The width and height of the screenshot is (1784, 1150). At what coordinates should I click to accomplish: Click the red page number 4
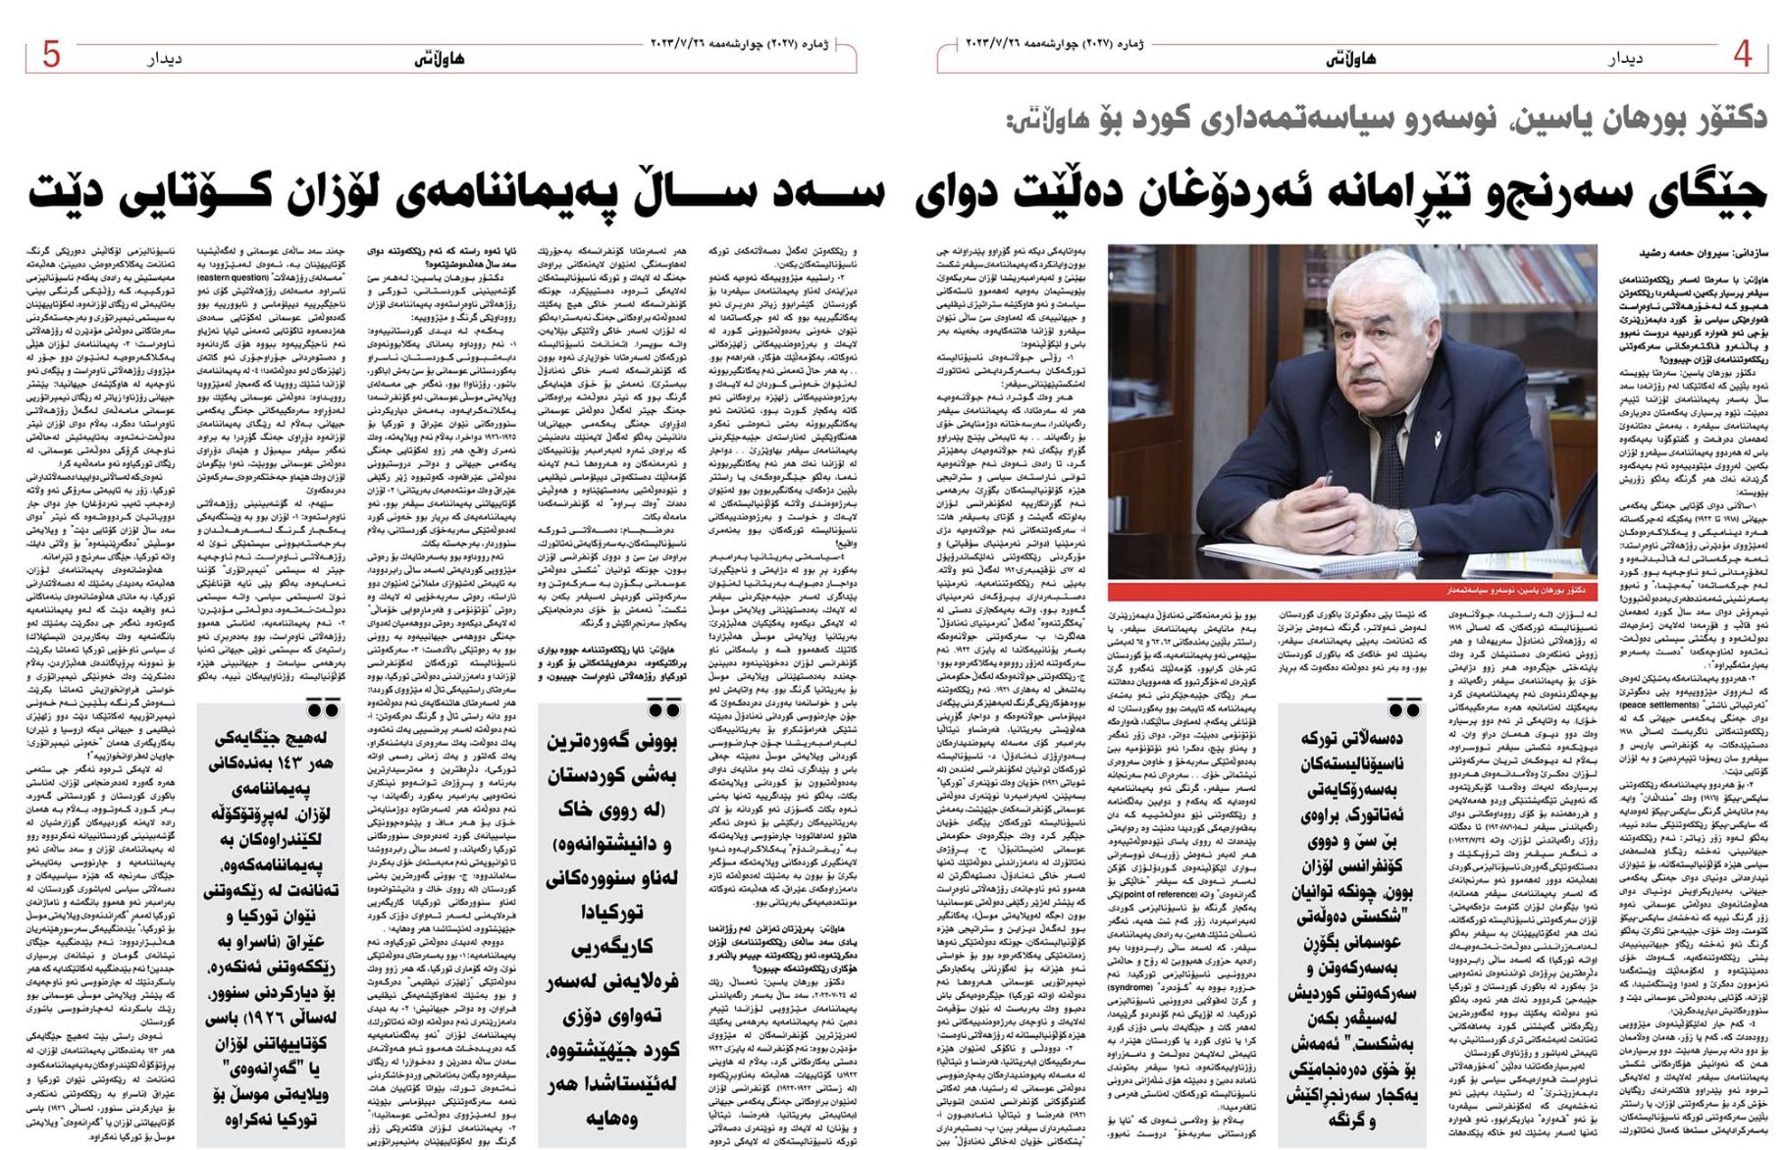(1742, 54)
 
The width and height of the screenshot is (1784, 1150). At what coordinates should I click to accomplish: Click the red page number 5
(51, 54)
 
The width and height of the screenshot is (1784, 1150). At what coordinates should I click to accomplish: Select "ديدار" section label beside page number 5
(164, 59)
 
